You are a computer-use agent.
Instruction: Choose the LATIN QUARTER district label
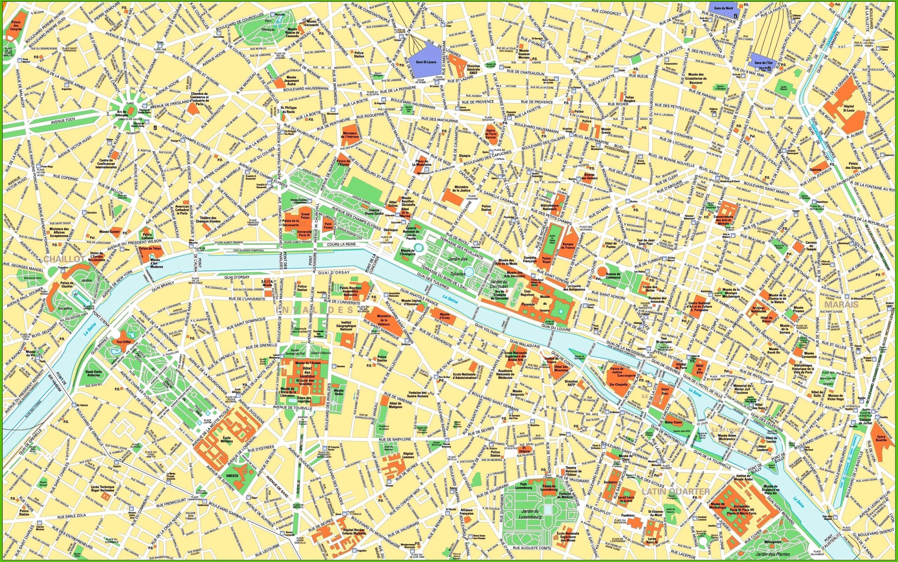[676, 492]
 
